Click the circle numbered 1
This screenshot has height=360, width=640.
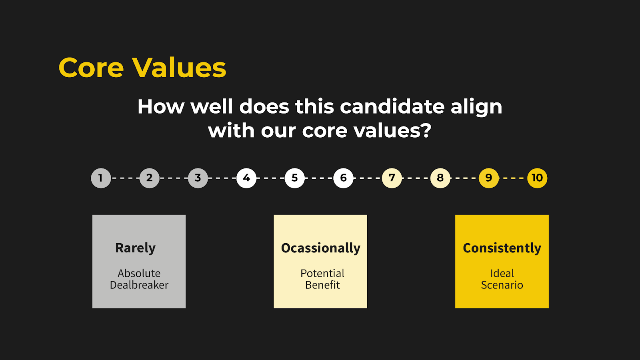coord(101,178)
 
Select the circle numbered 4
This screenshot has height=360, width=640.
coord(246,178)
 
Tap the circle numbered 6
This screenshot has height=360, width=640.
coord(343,178)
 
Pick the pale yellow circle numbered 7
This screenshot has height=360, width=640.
coord(392,178)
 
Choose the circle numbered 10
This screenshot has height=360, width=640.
coord(537,178)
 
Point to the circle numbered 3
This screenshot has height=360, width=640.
coord(198,178)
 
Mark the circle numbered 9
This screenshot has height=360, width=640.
coord(488,178)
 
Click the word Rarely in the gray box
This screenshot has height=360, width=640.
coord(136,248)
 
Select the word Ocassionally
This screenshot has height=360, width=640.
coord(320,248)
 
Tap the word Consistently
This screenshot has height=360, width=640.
coord(502,248)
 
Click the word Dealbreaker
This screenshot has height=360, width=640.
coord(139,285)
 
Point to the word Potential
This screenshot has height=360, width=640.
coord(322,274)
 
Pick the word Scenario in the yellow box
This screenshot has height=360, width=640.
coord(502,285)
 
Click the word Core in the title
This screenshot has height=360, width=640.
coord(91,68)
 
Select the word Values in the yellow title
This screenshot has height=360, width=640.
coord(179,68)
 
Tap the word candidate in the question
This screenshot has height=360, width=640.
coord(392,106)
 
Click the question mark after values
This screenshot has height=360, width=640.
coord(426,130)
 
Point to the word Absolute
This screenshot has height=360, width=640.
coord(139,274)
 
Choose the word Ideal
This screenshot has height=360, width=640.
coord(502,274)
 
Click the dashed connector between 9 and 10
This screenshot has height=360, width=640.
coord(513,178)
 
